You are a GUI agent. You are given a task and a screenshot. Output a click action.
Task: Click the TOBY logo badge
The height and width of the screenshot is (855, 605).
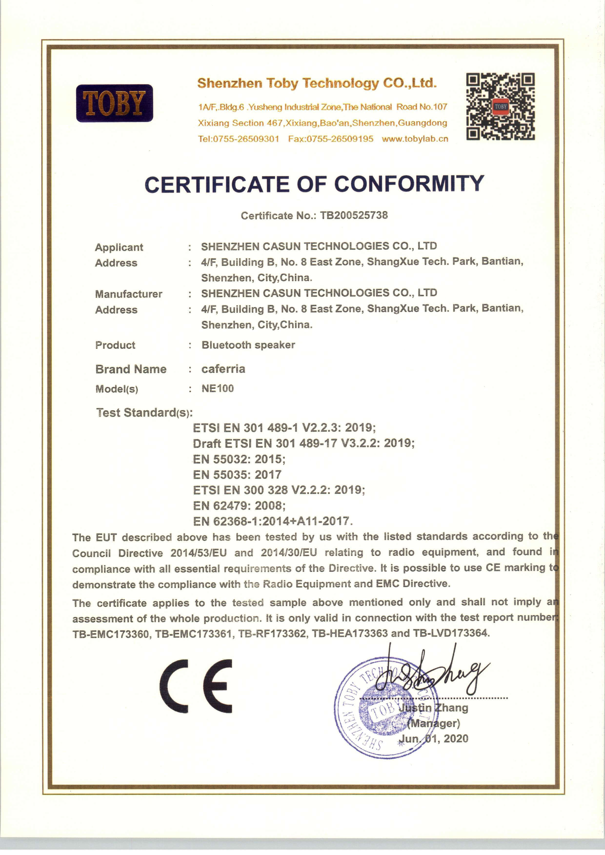(114, 103)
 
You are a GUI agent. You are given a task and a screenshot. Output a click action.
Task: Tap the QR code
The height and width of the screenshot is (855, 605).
(500, 107)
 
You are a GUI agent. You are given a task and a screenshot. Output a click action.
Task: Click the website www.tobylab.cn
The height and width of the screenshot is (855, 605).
(415, 139)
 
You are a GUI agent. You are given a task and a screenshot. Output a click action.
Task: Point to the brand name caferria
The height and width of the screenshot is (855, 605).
(223, 369)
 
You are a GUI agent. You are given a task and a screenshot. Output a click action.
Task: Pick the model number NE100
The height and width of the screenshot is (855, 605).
(218, 388)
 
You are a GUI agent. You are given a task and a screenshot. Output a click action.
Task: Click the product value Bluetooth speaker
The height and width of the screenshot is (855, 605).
(248, 345)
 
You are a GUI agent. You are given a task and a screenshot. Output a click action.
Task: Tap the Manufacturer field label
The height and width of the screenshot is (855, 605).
(129, 294)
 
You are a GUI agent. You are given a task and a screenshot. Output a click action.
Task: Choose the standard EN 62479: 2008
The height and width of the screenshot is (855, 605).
(239, 506)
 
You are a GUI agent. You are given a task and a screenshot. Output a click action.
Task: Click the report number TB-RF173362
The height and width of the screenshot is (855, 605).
(272, 633)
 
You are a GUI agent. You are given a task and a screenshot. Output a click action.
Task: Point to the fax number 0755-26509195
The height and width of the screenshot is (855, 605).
(340, 139)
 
